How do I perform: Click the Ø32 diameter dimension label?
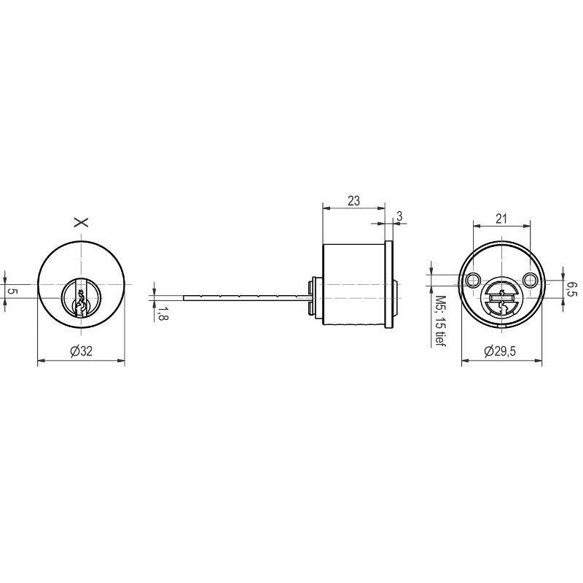82,351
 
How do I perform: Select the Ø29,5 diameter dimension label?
500,351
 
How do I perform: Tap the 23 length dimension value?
353,201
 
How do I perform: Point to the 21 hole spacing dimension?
501,218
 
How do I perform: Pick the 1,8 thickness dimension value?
161,313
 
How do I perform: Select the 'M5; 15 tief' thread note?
441,321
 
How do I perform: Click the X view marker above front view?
81,222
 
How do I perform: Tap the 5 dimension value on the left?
12,291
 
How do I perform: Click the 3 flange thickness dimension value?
399,216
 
